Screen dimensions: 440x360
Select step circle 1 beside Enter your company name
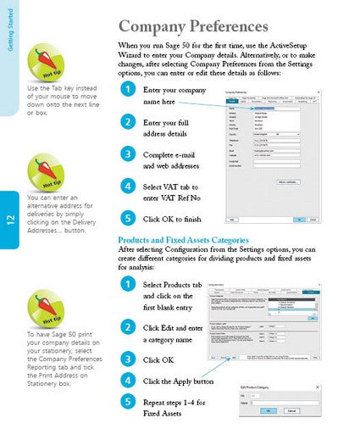[127, 89]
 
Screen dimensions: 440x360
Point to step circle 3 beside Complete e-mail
[127, 153]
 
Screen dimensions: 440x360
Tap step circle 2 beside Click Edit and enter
[127, 326]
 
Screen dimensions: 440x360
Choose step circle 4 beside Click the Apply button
[127, 379]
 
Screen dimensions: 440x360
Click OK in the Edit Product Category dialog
[268, 410]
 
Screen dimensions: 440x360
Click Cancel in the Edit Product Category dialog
[291, 410]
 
